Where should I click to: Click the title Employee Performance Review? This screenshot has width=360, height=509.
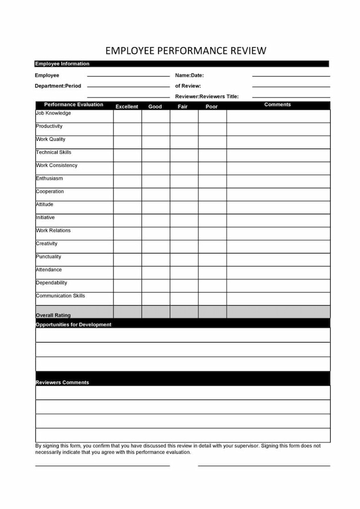185,51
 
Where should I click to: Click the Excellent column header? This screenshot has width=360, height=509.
127,106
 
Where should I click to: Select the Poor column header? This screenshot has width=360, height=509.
212,106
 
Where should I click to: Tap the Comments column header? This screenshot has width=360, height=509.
277,105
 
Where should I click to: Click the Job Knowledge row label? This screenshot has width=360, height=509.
53,113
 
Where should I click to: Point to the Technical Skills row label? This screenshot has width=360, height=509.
54,152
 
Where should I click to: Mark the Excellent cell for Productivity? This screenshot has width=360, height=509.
127,129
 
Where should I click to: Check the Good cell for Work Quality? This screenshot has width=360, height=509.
156,142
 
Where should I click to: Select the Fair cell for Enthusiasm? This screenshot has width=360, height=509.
184,181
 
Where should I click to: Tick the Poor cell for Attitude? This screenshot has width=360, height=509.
212,207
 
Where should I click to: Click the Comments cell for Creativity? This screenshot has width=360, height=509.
278,247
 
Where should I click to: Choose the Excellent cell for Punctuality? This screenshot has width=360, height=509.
127,259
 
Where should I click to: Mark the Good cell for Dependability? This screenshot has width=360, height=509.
156,286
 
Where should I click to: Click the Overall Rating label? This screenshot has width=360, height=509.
53,315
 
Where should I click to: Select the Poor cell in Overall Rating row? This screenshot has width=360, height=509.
212,312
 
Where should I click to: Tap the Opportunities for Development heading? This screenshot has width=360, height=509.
74,325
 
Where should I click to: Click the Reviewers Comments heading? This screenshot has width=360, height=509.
62,382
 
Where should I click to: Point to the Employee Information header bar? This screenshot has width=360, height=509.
62,64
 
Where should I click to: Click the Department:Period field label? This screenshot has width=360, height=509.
58,86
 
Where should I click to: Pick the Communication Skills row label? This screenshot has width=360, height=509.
60,296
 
